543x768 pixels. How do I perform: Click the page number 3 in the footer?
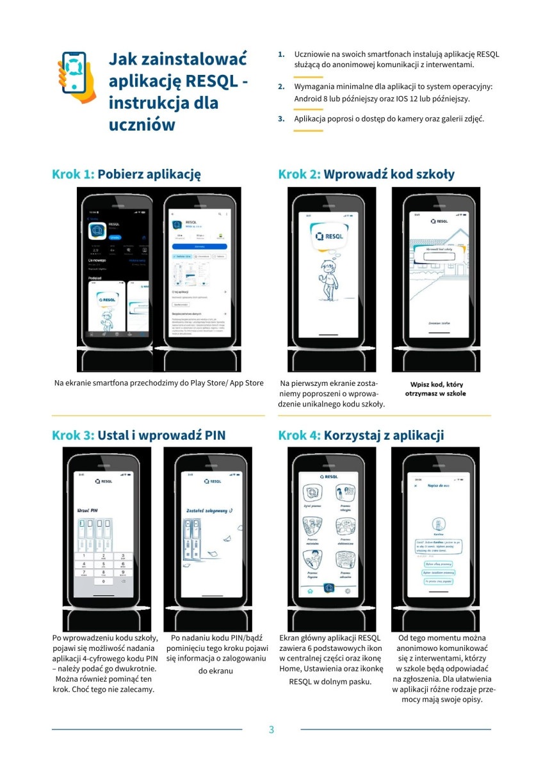coord(271,730)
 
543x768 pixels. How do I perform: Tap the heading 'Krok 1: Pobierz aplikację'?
coord(127,174)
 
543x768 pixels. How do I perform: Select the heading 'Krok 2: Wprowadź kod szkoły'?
coord(366,174)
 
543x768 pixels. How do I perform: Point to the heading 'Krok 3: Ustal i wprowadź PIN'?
coord(138,435)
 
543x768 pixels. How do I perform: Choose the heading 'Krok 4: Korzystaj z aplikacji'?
coord(361,435)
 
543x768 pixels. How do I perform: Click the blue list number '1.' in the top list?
coord(281,54)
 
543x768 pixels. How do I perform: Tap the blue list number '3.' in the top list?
coord(281,118)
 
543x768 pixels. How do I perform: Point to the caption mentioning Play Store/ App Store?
coord(159,383)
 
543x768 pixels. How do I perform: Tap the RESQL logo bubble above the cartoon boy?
coord(329,237)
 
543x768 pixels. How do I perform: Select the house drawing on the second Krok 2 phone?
coord(448,256)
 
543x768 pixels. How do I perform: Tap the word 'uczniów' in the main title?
coord(142,125)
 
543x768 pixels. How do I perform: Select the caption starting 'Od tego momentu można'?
coord(442,668)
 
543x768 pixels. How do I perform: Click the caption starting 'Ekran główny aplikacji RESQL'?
coord(330,659)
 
